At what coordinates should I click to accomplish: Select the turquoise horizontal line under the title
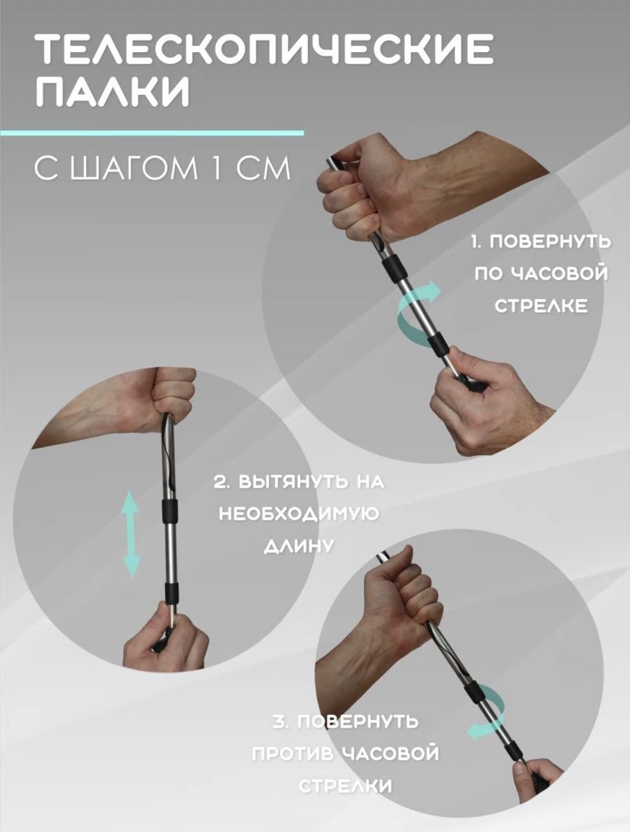[152, 133]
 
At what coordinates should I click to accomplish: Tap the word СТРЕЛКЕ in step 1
[542, 305]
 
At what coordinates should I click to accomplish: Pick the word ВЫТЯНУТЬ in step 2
[283, 483]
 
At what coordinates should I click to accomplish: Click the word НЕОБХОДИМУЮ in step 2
[300, 515]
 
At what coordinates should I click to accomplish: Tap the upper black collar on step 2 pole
[170, 510]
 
